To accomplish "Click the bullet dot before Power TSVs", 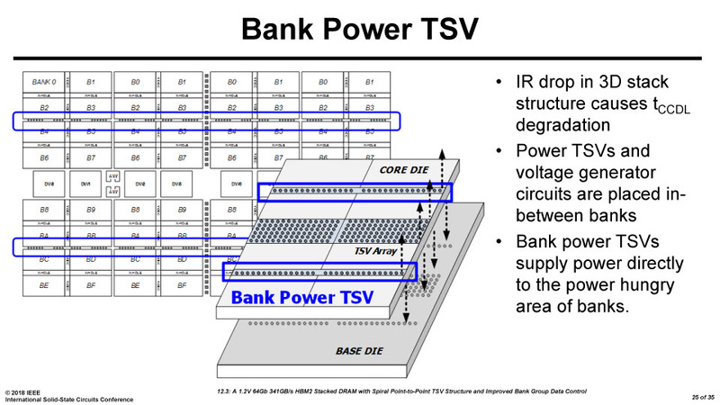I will tap(499, 148).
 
